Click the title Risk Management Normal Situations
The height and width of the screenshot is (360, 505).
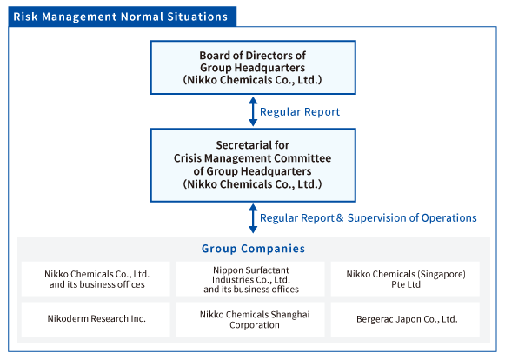pyautogui.click(x=121, y=17)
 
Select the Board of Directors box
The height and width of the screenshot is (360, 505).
pyautogui.click(x=253, y=67)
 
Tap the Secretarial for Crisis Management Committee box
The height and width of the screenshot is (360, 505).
pyautogui.click(x=253, y=165)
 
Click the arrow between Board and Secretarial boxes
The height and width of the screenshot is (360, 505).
pyautogui.click(x=253, y=111)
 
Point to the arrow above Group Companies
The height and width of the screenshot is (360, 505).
pyautogui.click(x=253, y=218)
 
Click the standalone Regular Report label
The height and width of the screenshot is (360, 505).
pyautogui.click(x=300, y=112)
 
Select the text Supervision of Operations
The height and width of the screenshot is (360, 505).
pyautogui.click(x=412, y=218)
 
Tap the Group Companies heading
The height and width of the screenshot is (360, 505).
pyautogui.click(x=253, y=249)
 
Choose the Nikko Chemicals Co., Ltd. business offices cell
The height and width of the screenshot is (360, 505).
pyautogui.click(x=96, y=279)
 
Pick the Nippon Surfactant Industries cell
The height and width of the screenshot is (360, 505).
pyautogui.click(x=250, y=279)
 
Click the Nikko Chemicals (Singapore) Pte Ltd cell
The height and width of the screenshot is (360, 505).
pyautogui.click(x=405, y=279)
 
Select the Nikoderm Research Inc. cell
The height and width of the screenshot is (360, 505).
pyautogui.click(x=96, y=319)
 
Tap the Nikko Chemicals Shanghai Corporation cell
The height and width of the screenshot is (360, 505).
pyautogui.click(x=250, y=319)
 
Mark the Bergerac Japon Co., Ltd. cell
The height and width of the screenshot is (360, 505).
pyautogui.click(x=405, y=319)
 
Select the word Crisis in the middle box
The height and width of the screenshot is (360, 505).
pyautogui.click(x=188, y=158)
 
